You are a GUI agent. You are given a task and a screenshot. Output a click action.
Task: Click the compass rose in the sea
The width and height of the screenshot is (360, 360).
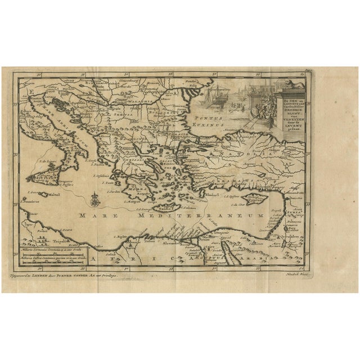(x=95, y=197)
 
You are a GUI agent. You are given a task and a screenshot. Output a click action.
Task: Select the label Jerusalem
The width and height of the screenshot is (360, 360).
(x=293, y=237)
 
